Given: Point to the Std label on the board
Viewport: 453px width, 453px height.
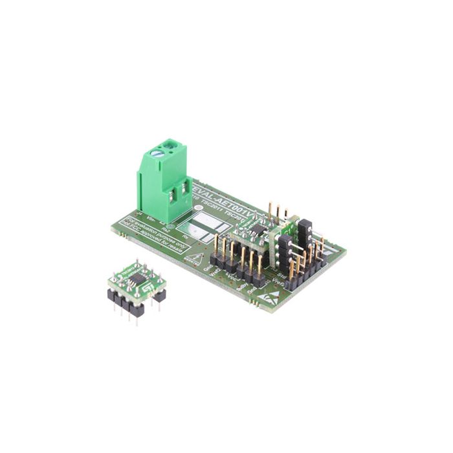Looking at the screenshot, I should coord(282,274).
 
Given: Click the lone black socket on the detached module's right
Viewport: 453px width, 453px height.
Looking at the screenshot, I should coord(160,295).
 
